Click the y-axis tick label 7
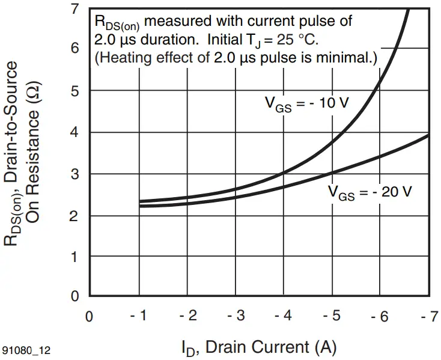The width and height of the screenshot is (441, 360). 75,9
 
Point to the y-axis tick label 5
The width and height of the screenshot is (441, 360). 75,91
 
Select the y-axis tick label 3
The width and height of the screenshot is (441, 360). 75,174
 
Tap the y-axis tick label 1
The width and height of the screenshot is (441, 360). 75,257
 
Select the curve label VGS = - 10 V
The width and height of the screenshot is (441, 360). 307,103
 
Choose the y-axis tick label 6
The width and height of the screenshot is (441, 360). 75,49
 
